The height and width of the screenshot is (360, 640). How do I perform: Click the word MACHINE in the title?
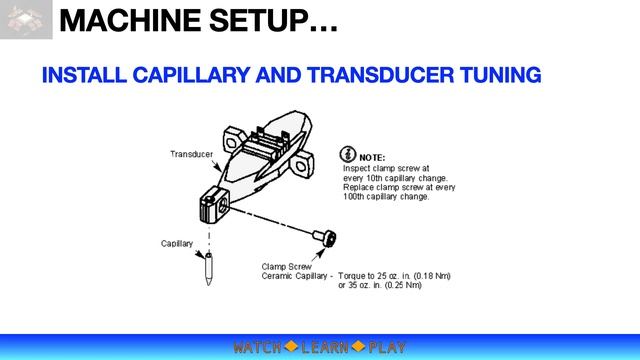click(136, 20)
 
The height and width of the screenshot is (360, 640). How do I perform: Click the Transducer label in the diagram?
click(189, 154)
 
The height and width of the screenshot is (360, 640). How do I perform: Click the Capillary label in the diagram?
click(177, 243)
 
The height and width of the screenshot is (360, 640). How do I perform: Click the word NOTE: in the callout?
click(372, 158)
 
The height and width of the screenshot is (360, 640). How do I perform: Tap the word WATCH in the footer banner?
click(256, 347)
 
